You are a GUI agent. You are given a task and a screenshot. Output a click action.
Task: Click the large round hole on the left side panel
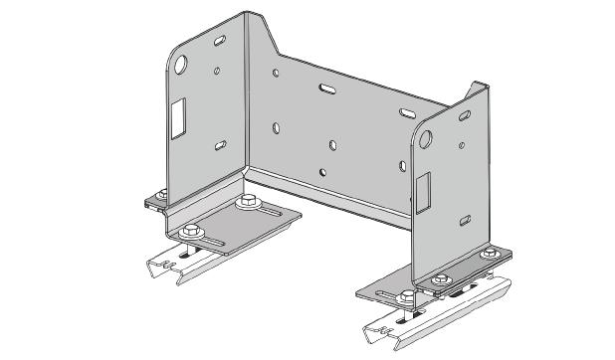(x=182, y=67)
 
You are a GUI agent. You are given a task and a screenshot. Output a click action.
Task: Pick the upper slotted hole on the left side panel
(x=217, y=43)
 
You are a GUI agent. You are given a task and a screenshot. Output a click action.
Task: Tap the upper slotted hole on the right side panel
(x=464, y=117)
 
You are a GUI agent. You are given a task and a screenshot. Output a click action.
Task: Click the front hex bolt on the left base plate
(x=189, y=232)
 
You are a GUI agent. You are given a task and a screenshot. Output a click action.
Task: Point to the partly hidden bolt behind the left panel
(x=155, y=191)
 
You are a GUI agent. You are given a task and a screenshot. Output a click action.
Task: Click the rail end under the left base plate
(x=165, y=267)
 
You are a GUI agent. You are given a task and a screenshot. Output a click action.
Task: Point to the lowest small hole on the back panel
(x=321, y=170)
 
